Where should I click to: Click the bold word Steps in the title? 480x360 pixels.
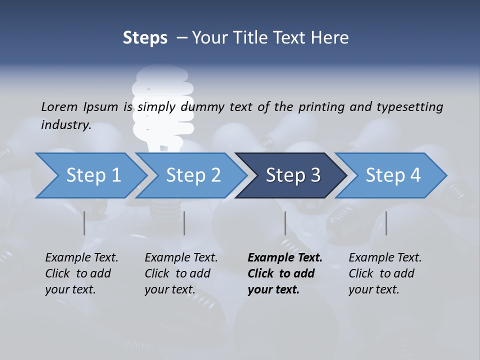coord(145,37)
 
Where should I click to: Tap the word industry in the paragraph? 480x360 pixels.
coord(66,124)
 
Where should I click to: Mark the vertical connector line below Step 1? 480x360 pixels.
coord(84,223)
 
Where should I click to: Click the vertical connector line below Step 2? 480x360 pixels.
coord(184,223)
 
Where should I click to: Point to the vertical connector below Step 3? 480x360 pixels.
coord(285,223)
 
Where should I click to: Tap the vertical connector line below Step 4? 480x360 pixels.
coord(386,223)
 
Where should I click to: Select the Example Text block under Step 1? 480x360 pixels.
coord(81,273)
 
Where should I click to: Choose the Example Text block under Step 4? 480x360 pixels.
coord(385,273)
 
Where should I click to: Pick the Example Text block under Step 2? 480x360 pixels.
coord(181,273)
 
